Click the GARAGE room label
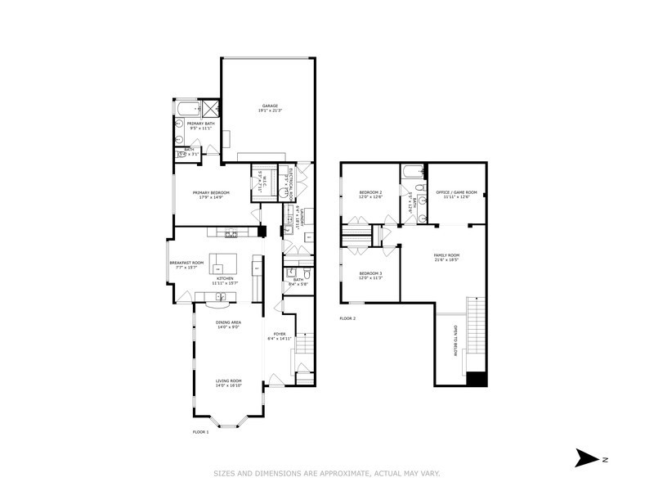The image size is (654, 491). pyautogui.click(x=270, y=106)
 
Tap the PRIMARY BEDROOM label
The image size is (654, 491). pyautogui.click(x=211, y=193)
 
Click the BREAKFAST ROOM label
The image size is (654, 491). pyautogui.click(x=185, y=263)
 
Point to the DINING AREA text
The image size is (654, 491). pyautogui.click(x=228, y=322)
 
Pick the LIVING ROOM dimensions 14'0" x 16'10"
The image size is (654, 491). pyautogui.click(x=228, y=385)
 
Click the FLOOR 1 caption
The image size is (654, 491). pyautogui.click(x=201, y=431)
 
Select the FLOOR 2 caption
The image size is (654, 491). pyautogui.click(x=348, y=318)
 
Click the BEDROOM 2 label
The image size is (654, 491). pyautogui.click(x=371, y=193)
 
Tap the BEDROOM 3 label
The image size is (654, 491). pyautogui.click(x=370, y=273)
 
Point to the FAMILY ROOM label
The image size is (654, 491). pyautogui.click(x=446, y=255)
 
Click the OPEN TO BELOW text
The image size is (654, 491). pyautogui.click(x=455, y=340)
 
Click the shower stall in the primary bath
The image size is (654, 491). pyautogui.click(x=211, y=109)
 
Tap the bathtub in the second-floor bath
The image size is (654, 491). pyautogui.click(x=412, y=173)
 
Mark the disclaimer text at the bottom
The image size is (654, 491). pyautogui.click(x=327, y=473)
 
